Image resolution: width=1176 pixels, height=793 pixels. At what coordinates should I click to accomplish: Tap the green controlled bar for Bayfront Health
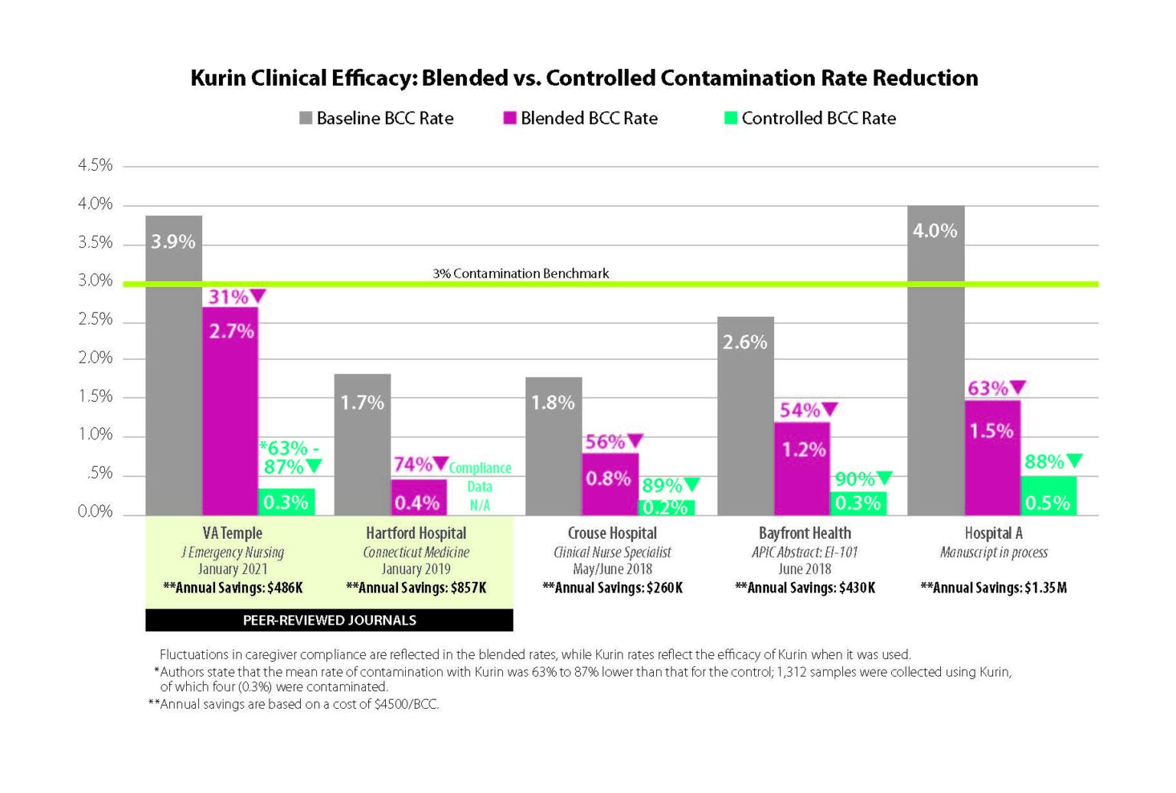tap(858, 503)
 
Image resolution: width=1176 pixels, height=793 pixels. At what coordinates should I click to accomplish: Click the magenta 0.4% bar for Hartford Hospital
tap(419, 498)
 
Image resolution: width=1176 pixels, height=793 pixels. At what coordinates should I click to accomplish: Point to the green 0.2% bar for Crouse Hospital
tap(666, 507)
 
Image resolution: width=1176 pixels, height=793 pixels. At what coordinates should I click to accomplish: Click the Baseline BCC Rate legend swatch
tap(305, 119)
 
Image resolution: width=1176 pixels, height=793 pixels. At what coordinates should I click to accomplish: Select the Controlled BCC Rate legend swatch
tap(730, 119)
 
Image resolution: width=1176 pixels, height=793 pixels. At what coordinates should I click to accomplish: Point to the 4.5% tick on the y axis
tap(95, 165)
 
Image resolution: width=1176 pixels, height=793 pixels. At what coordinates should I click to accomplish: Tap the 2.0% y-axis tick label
tap(95, 358)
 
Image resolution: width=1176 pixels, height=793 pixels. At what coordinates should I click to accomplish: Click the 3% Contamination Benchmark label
tap(521, 273)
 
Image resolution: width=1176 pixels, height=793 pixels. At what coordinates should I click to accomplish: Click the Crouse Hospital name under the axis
tap(612, 533)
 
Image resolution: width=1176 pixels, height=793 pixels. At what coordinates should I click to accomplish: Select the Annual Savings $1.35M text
tap(993, 588)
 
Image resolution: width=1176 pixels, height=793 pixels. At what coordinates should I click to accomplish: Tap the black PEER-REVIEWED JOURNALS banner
tap(329, 620)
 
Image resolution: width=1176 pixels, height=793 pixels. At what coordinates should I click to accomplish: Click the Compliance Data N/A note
tap(480, 486)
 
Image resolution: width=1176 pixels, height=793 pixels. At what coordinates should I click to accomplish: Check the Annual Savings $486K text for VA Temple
tap(233, 588)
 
